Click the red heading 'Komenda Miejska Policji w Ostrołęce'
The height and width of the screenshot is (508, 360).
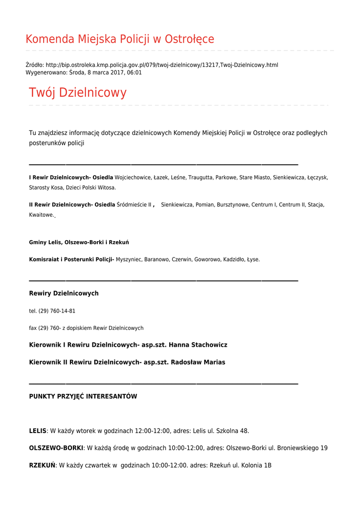120,39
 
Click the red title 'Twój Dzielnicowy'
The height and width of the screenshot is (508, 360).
77,93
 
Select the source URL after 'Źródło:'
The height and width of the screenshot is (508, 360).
162,65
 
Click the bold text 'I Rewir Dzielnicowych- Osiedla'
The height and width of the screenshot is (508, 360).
71,177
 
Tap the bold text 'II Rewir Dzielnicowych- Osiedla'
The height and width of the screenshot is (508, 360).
72,204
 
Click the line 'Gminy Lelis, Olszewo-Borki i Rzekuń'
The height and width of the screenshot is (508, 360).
79,242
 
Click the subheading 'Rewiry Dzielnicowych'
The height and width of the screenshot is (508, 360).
64,293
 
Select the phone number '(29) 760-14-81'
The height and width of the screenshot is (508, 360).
57,311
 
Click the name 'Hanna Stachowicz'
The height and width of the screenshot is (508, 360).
198,345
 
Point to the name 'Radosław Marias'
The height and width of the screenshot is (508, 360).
198,362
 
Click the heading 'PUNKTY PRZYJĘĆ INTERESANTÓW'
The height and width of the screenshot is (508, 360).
83,396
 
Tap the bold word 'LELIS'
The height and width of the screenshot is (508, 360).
38,431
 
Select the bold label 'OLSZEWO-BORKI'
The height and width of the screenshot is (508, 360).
56,448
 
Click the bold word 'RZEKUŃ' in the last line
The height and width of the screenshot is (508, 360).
42,465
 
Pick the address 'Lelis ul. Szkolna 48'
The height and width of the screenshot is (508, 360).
221,431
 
